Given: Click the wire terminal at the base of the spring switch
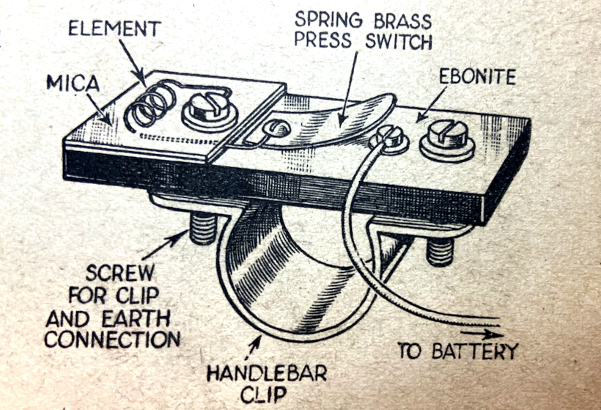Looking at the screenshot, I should [387, 137].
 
